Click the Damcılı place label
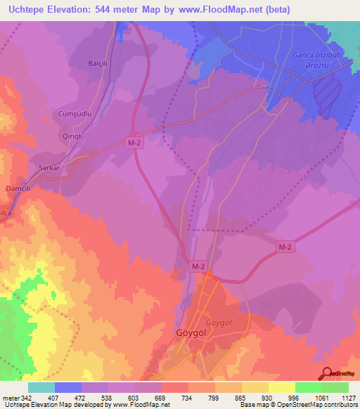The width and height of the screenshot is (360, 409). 15,190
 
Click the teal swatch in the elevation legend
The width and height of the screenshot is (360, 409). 41,387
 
